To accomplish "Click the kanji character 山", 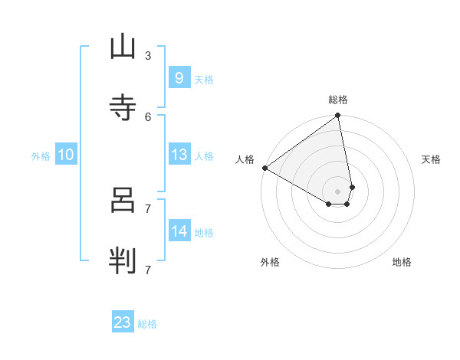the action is [x=123, y=47].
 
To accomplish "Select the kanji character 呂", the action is [x=123, y=200].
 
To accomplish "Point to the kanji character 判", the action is [x=123, y=261].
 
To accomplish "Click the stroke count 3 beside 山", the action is [x=148, y=55].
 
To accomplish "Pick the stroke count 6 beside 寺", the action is [x=148, y=116].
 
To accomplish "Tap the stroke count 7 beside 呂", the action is [x=148, y=208].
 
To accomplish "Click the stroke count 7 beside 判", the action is [x=148, y=269].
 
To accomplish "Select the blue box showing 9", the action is [x=179, y=78].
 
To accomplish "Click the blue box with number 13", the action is [x=179, y=155].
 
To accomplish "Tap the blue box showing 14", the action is [x=179, y=231].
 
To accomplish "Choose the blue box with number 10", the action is [x=66, y=155].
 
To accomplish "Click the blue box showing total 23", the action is [x=123, y=322].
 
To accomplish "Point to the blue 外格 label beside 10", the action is [x=41, y=156].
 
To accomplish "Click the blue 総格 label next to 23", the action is [x=147, y=324].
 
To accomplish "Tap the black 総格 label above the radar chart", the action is [x=338, y=100].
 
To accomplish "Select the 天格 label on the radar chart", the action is [x=432, y=159].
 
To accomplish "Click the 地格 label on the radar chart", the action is [x=402, y=262].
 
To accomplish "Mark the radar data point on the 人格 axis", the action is [x=264, y=168].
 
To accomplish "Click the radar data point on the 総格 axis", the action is [x=338, y=116].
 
